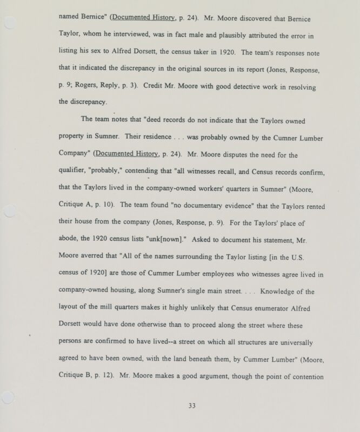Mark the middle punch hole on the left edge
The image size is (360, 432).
(x=6, y=213)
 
